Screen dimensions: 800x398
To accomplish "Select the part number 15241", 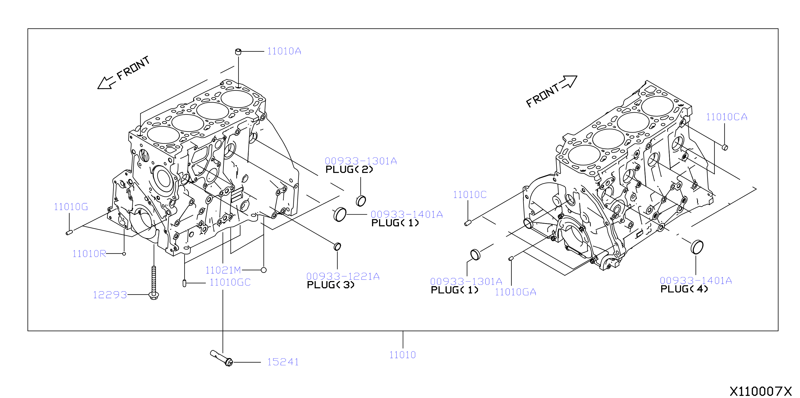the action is point(283,362).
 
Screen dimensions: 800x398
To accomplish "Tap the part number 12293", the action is point(110,295).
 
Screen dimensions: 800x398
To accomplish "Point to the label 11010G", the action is point(71,207).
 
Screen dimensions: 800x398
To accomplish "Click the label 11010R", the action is point(89,254).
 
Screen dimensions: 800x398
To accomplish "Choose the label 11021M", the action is point(223,270).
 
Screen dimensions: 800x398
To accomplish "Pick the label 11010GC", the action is point(230,282).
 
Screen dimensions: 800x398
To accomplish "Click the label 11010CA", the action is point(727,117).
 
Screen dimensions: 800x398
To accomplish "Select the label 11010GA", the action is point(515,292).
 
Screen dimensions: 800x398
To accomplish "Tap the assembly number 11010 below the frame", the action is point(402,355).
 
